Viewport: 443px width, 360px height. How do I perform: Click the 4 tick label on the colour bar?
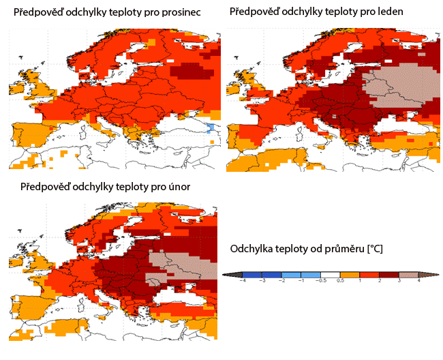tap(418, 281)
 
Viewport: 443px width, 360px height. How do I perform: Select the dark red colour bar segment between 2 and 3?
tap(389, 274)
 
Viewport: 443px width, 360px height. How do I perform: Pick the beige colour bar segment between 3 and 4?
tap(408, 274)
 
